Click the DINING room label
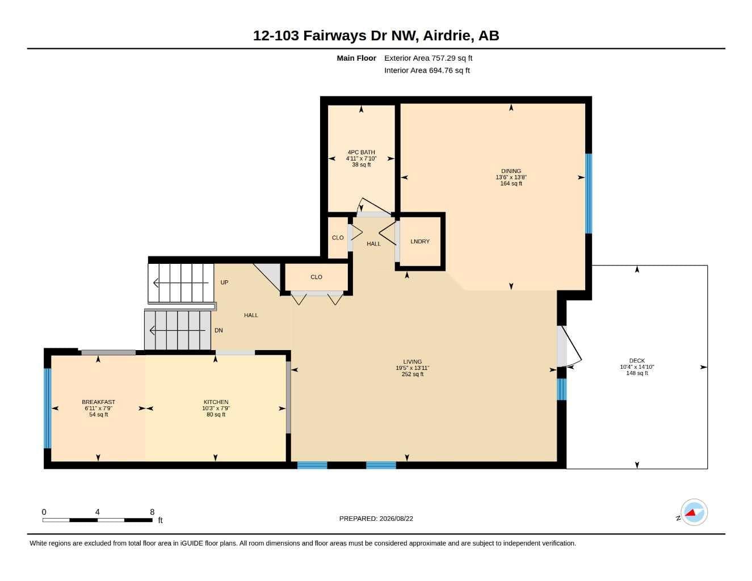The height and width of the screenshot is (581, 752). (511, 171)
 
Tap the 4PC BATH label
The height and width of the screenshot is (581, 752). (361, 152)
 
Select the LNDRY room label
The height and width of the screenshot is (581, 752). (420, 241)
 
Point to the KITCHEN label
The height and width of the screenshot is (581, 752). (216, 402)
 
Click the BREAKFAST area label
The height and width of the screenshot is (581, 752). (98, 402)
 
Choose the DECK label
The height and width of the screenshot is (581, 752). (637, 360)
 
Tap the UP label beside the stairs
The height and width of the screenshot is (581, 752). (224, 282)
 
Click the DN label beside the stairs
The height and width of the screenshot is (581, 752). (219, 330)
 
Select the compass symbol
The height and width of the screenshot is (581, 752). (694, 512)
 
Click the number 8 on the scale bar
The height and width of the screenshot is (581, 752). (152, 512)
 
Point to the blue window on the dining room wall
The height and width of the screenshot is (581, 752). (589, 193)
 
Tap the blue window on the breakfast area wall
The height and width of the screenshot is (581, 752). (48, 408)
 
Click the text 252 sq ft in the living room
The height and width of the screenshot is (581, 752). (412, 374)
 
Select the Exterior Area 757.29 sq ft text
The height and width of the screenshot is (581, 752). (428, 58)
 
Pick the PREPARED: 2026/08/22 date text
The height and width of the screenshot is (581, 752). (376, 519)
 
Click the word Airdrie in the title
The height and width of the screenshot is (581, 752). (448, 36)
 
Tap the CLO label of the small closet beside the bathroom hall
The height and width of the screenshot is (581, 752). (338, 238)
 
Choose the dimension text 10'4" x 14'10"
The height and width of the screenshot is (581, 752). (637, 367)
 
